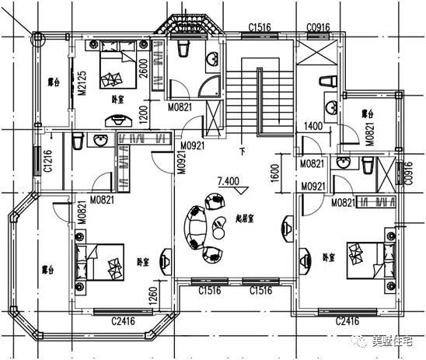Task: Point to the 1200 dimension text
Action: tap(143, 116)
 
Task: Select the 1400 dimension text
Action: tap(313, 126)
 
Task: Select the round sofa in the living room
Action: tap(194, 228)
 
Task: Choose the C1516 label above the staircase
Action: tap(259, 28)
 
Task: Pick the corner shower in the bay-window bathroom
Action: tap(207, 83)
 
